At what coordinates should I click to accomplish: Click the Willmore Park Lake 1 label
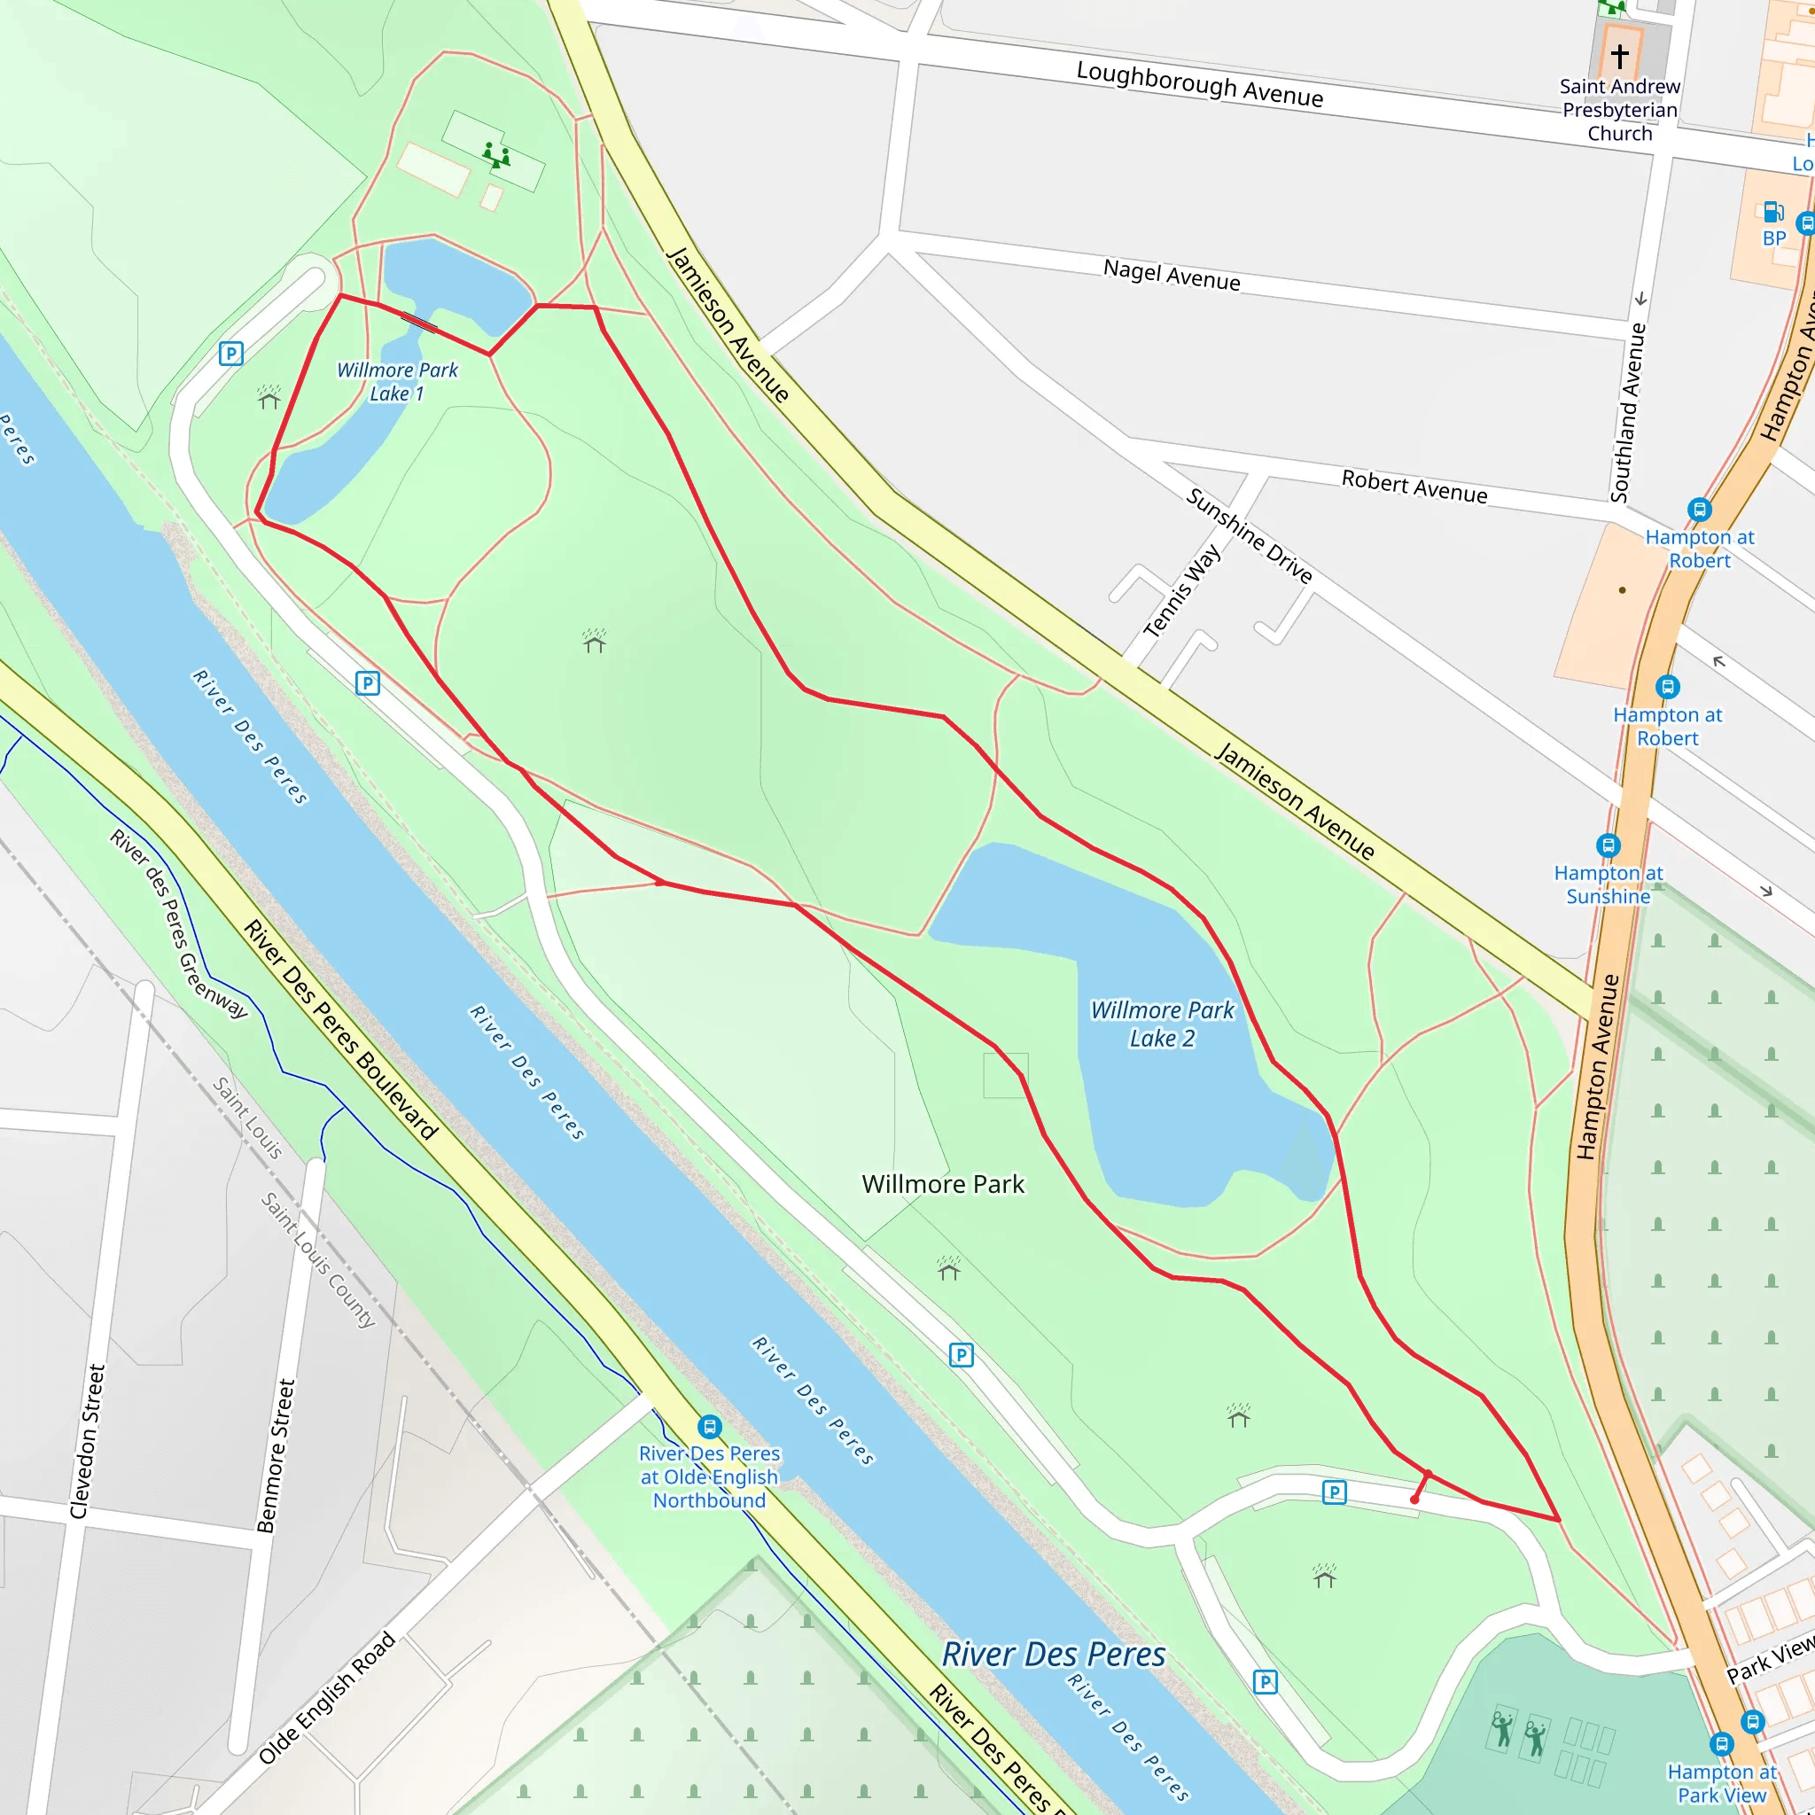397,381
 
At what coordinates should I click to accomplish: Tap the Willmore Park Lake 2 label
1162,1024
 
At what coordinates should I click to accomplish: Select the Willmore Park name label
943,1184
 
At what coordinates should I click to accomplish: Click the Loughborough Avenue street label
1200,83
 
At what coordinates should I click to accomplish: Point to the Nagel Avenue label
1172,276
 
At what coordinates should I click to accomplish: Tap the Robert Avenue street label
1414,487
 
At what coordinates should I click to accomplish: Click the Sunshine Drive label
1249,535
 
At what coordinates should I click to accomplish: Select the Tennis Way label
1182,592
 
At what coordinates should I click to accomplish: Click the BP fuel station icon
1772,212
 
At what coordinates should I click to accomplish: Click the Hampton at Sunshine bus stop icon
1609,845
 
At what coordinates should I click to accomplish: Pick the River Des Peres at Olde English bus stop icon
710,1427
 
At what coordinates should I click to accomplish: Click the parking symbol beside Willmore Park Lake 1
231,354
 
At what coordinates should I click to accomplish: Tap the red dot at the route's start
1414,1500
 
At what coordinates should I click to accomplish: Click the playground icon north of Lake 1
496,154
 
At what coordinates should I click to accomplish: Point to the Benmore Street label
277,1455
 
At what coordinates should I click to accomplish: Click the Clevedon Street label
88,1441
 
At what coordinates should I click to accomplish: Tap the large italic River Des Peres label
1053,1655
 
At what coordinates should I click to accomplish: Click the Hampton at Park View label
1722,1783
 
